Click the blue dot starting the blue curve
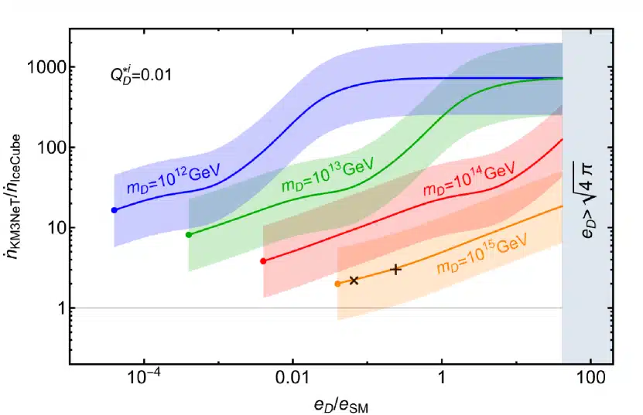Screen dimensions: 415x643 click(x=115, y=210)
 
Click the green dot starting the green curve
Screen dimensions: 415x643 click(x=189, y=234)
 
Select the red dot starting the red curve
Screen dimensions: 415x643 click(x=263, y=261)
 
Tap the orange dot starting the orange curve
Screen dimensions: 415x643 click(x=337, y=284)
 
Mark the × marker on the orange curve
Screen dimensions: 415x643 click(x=354, y=281)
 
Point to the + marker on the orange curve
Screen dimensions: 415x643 click(x=396, y=269)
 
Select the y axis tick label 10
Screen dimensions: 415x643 click(x=52, y=228)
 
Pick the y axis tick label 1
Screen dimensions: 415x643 click(x=56, y=308)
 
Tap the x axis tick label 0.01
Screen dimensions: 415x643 click(x=292, y=380)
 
